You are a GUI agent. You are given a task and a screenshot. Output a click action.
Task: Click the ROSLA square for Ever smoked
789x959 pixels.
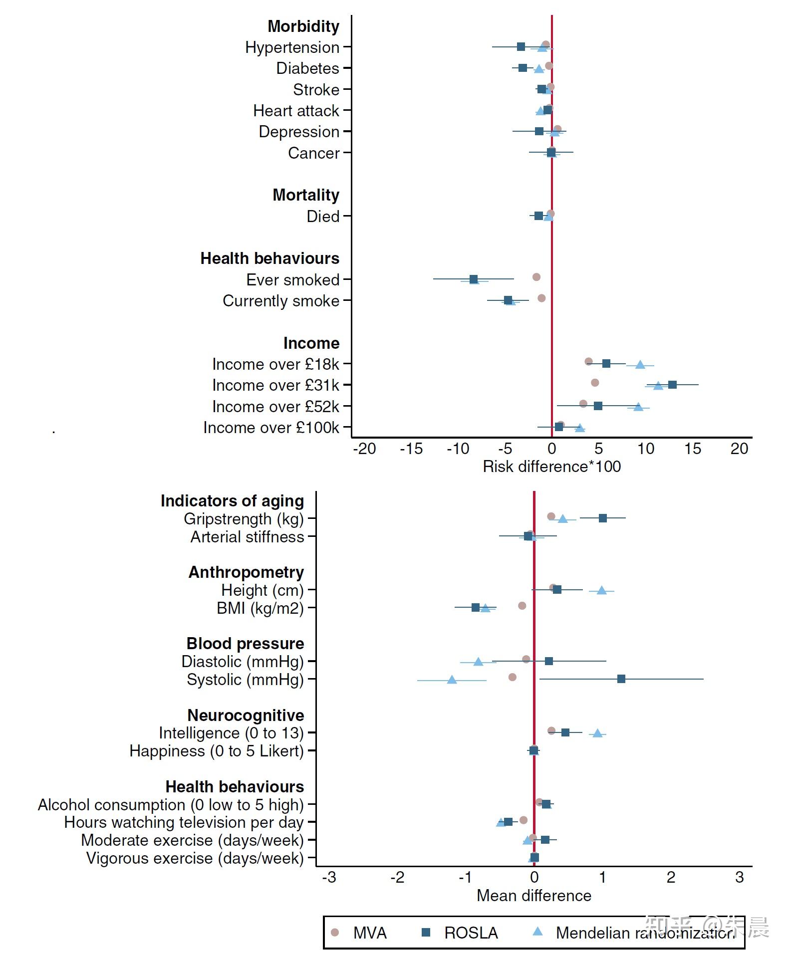[474, 279]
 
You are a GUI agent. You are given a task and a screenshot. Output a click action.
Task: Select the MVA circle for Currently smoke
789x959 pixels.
[541, 298]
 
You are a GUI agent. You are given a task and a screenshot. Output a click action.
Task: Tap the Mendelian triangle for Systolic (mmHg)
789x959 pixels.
[452, 680]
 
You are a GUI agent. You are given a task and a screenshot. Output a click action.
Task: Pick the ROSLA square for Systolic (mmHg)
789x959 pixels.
[621, 679]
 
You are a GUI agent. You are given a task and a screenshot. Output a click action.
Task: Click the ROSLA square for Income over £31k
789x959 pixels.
[672, 385]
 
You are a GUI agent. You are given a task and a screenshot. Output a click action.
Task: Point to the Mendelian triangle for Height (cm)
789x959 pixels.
[601, 591]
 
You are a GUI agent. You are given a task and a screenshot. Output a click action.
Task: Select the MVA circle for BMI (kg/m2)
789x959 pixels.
[522, 606]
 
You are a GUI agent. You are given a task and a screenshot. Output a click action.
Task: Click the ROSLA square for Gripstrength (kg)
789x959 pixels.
[603, 518]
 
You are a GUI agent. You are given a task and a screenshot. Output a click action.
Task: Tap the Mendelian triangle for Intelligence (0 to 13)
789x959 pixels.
[597, 733]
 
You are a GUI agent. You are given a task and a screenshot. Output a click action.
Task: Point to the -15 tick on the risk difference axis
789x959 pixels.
[411, 449]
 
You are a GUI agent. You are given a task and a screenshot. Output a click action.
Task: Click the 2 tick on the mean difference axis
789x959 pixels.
[671, 877]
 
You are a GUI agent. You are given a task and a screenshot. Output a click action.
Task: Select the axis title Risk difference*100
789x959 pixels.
[551, 467]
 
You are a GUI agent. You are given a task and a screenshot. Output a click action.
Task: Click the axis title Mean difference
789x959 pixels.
[534, 896]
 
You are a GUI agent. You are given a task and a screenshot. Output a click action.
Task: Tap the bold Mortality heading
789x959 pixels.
[305, 195]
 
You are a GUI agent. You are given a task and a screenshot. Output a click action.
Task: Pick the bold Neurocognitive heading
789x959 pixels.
[246, 716]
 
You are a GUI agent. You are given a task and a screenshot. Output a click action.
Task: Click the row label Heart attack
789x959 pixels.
[296, 111]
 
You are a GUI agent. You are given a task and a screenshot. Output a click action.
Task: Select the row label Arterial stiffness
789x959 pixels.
[247, 537]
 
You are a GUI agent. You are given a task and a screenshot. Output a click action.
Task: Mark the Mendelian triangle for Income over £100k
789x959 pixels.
[579, 428]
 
